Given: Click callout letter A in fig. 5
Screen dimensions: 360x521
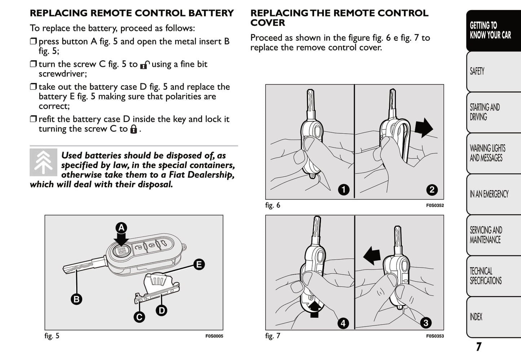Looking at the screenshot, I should (122, 228).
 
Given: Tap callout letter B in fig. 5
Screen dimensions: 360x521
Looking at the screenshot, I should (76, 299).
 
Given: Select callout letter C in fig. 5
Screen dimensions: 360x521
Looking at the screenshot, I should (139, 317).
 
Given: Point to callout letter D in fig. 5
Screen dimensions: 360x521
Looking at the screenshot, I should (162, 310).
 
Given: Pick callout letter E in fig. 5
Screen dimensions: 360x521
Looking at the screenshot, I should (199, 264).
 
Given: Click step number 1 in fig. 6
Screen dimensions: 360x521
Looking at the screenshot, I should (344, 189).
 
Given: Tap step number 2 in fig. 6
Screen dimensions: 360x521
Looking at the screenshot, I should (432, 190).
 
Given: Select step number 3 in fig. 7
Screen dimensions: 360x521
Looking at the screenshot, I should (426, 323).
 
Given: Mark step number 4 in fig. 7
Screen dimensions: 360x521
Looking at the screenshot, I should (343, 323).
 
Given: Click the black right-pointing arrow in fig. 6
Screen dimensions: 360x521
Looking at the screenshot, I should (424, 127).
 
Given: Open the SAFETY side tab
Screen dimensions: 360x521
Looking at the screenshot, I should (493, 71).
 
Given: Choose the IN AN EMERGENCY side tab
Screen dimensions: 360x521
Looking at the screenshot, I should (493, 194).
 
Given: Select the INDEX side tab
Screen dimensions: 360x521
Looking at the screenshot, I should (493, 317).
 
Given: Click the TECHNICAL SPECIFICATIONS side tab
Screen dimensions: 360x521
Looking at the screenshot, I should (493, 276).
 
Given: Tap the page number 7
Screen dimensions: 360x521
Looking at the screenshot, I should (478, 347).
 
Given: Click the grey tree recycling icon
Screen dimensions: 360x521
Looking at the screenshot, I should (43, 162).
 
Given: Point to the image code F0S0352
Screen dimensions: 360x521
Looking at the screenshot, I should (435, 206).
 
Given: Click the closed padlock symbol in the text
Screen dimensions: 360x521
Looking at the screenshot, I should (133, 129).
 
